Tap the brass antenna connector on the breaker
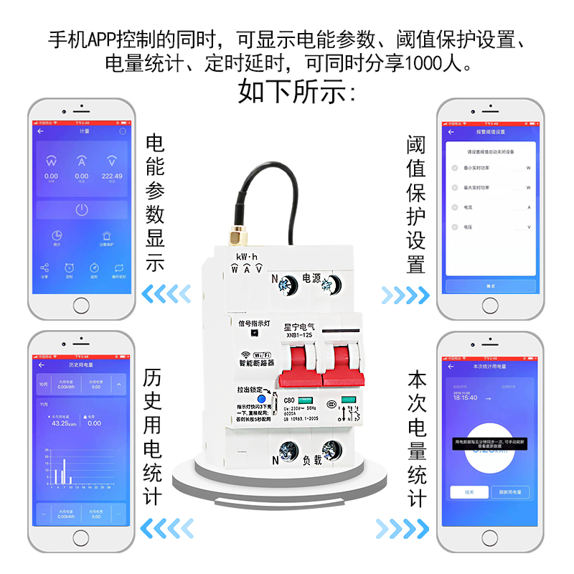(x=235, y=237)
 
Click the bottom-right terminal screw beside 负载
(x=331, y=453)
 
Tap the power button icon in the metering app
(x=82, y=210)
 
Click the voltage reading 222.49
(x=112, y=176)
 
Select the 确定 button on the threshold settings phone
(x=490, y=286)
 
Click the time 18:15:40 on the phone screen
(x=464, y=396)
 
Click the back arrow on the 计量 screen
(x=41, y=131)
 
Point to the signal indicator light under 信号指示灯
(x=255, y=344)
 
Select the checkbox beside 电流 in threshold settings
(x=454, y=207)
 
